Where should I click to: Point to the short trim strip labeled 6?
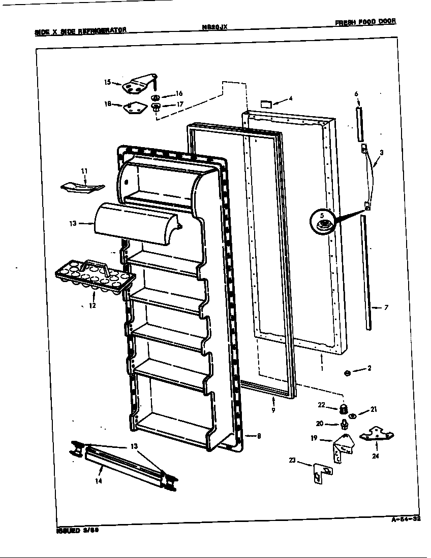(360, 124)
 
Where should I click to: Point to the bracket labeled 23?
(320, 472)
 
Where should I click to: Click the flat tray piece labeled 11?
(81, 187)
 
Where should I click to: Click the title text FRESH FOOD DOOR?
(364, 22)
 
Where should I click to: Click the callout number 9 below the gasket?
(273, 409)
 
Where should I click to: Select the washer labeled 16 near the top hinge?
(156, 96)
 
